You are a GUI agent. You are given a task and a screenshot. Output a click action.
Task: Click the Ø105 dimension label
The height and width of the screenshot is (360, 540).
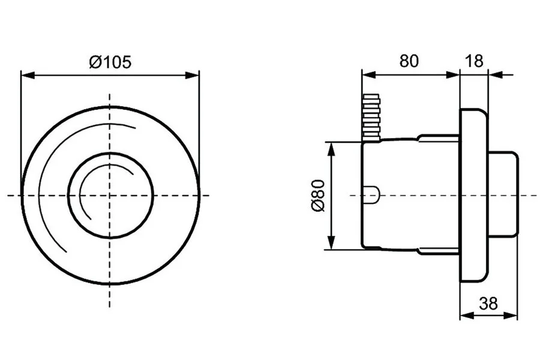point(110,62)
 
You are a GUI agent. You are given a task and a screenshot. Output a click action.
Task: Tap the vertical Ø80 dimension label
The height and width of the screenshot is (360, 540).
point(317,196)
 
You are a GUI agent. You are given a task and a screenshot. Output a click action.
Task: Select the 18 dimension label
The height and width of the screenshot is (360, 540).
point(474,61)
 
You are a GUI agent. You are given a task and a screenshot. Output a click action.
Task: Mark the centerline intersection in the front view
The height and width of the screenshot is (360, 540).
point(110,195)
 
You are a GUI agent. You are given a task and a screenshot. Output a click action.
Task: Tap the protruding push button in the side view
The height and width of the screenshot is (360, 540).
point(503,195)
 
